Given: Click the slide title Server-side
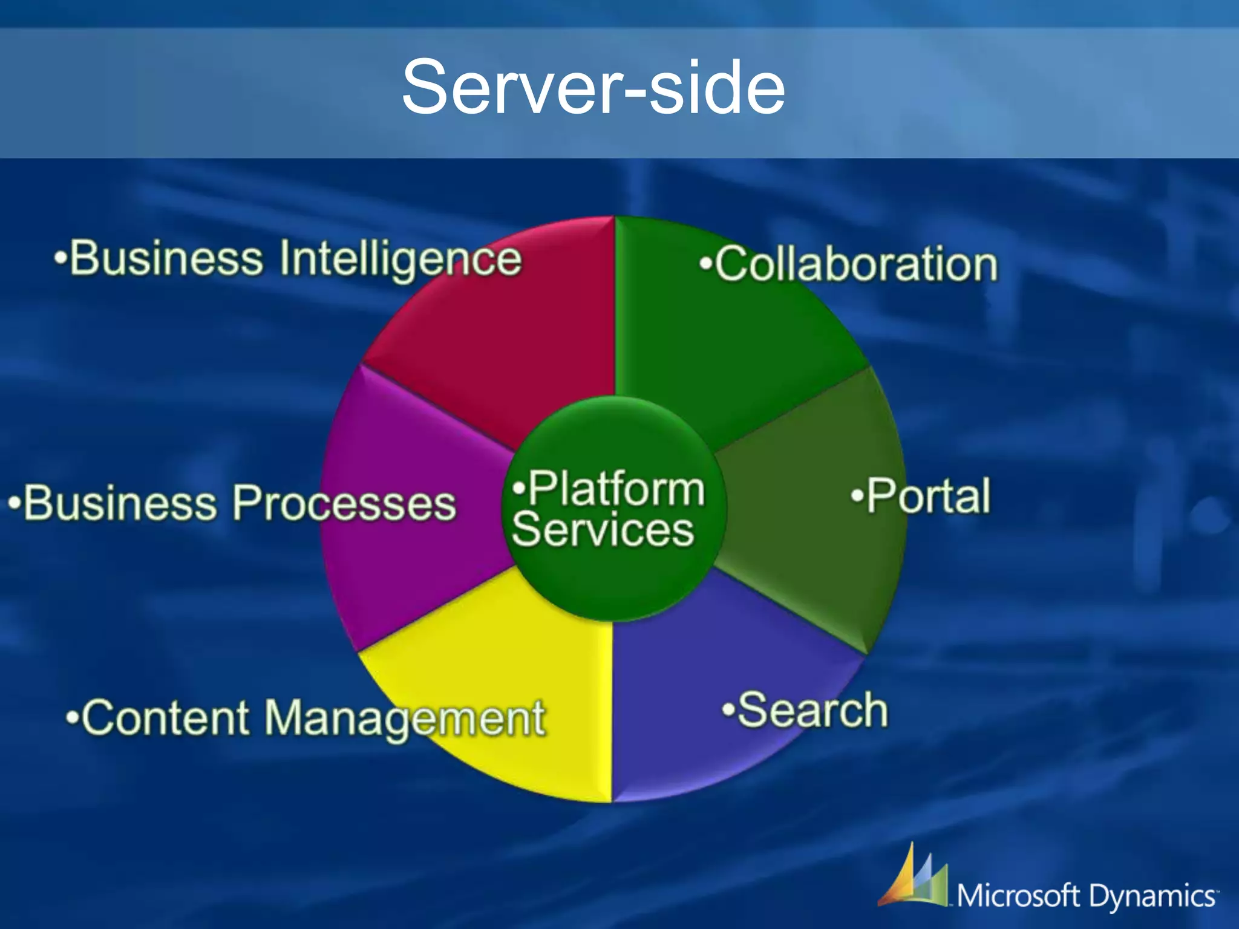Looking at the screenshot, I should pos(593,88).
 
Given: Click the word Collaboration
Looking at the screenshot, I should pos(856,264).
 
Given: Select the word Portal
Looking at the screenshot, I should pos(928,497).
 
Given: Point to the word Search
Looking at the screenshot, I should pos(812,710).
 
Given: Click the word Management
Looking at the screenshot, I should pos(405,719).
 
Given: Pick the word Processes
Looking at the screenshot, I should pos(344,503).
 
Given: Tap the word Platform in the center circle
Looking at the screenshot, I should pos(616,489).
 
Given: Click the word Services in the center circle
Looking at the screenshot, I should pos(603,530).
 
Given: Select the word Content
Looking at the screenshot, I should pos(165,718).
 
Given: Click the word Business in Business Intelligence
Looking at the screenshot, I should pos(166,259).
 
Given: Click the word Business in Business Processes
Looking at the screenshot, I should pos(120,503).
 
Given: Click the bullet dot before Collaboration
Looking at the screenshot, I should pos(705,264).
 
